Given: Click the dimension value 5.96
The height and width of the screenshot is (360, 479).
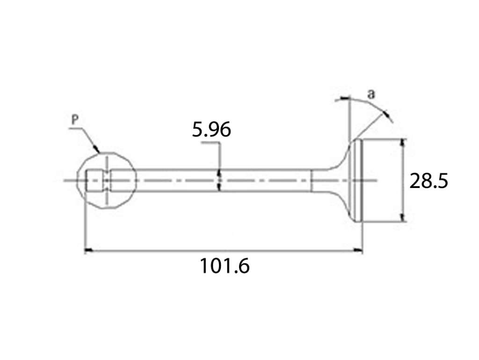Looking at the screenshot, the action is point(211,130).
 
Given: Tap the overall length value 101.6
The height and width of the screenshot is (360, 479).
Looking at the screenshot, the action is point(225,266).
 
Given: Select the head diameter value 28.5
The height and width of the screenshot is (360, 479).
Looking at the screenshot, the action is point(428,181).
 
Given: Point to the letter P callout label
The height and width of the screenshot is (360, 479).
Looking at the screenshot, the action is point(75,120).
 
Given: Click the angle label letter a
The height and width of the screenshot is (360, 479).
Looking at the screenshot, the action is point(370,94).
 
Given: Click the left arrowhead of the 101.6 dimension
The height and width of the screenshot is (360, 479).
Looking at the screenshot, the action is point(88,251).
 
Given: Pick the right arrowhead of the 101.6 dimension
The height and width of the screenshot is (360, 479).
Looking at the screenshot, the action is point(358,251).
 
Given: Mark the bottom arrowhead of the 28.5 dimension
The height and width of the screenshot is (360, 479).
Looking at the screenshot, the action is point(403,217).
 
